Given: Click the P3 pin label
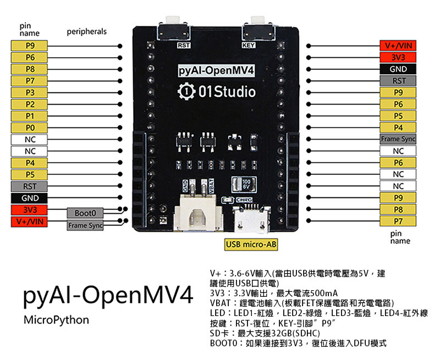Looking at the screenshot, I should (x=30, y=92).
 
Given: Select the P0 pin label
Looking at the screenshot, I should (x=30, y=128).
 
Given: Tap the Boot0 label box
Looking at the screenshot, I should (x=85, y=213).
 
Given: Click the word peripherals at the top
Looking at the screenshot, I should (x=86, y=32).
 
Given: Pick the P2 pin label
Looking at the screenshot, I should (x=30, y=104).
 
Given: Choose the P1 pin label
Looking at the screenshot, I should (x=30, y=116).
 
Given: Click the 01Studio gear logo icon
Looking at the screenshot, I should (x=187, y=91).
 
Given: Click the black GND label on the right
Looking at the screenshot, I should (x=398, y=69).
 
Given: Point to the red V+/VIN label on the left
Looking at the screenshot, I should (x=30, y=221).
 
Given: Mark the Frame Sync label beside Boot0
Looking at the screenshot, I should (x=85, y=225).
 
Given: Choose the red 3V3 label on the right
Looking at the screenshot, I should (x=398, y=58).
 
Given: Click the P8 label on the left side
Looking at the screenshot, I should (x=30, y=69).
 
